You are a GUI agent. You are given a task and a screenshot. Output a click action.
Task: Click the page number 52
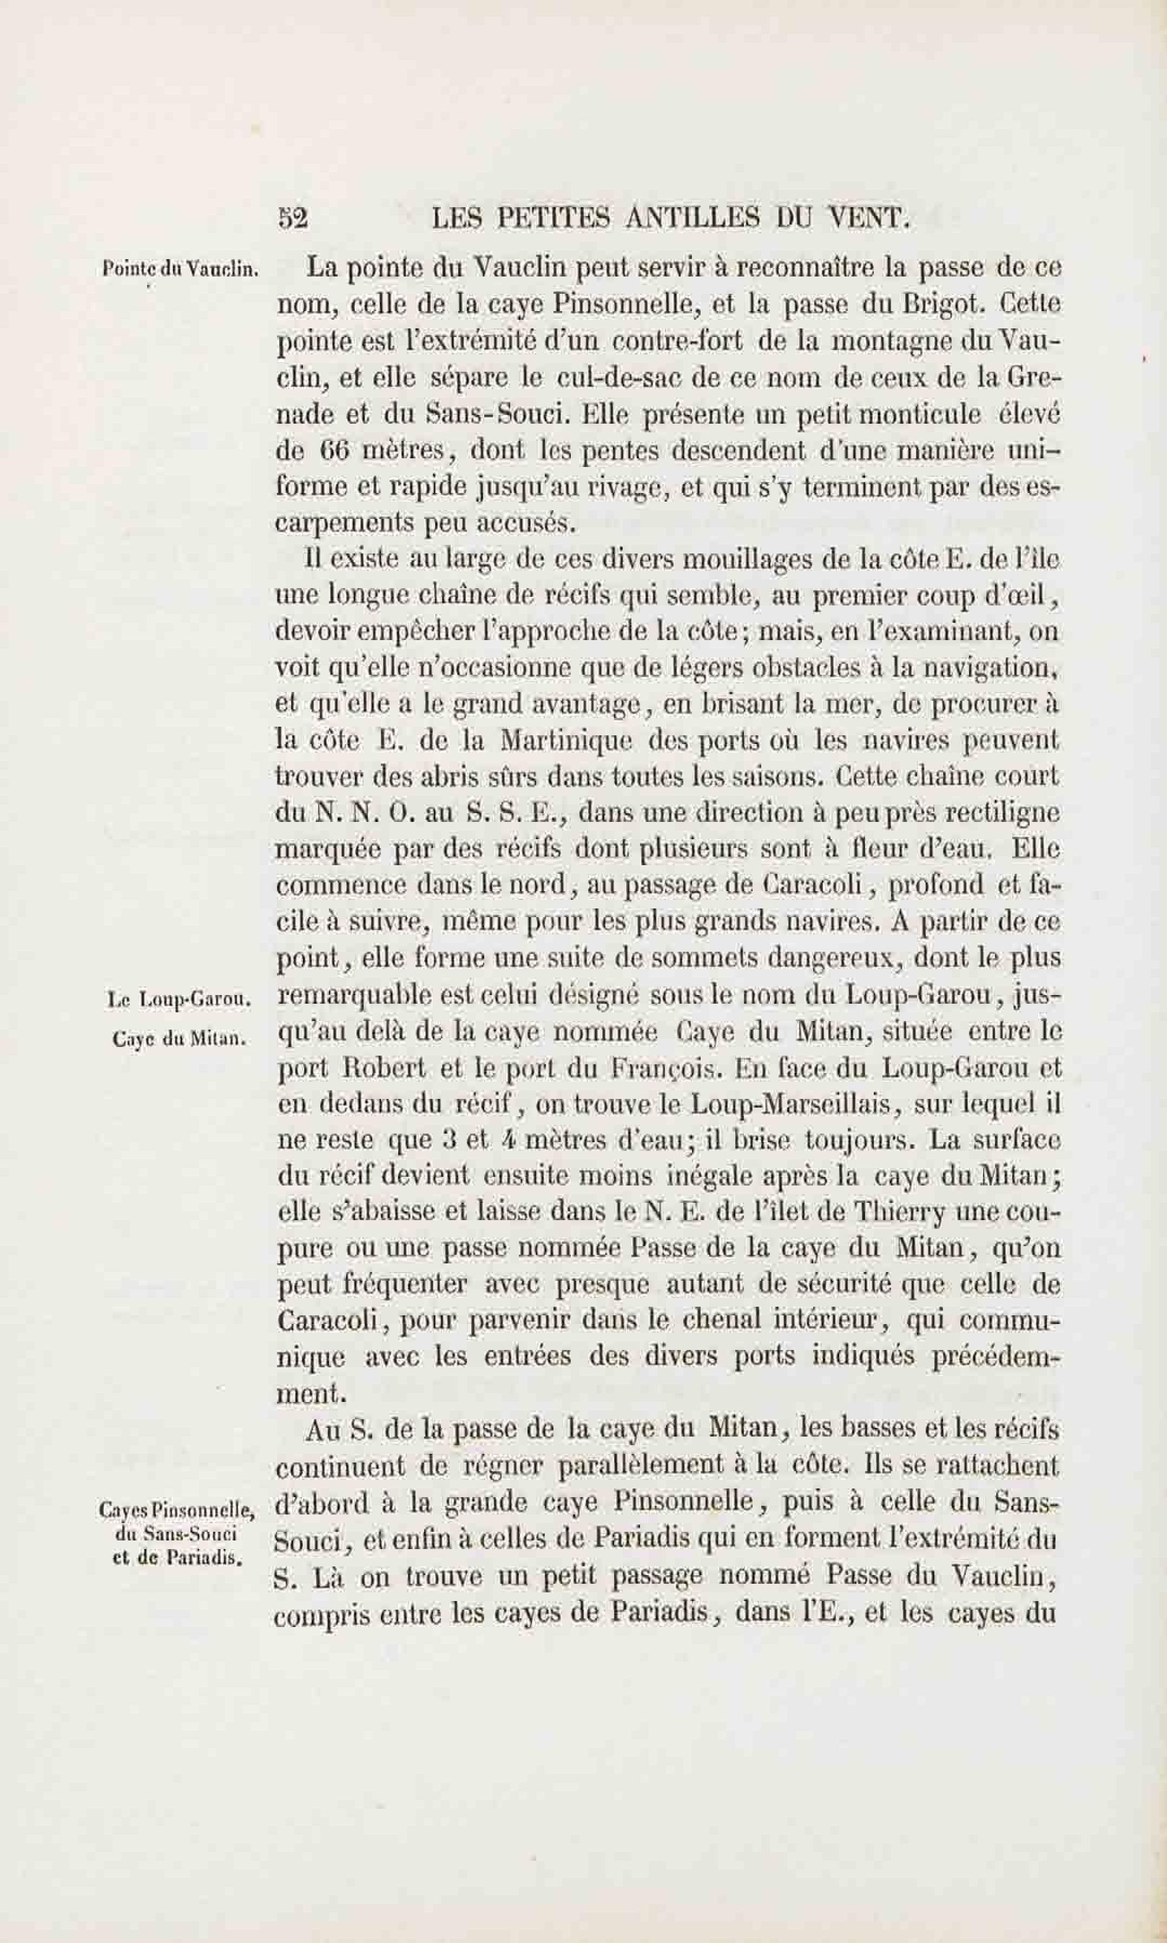coord(293,218)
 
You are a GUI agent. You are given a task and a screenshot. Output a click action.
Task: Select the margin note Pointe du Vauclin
coord(181,269)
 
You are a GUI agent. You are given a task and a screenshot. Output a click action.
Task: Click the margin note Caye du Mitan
coord(180,1039)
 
